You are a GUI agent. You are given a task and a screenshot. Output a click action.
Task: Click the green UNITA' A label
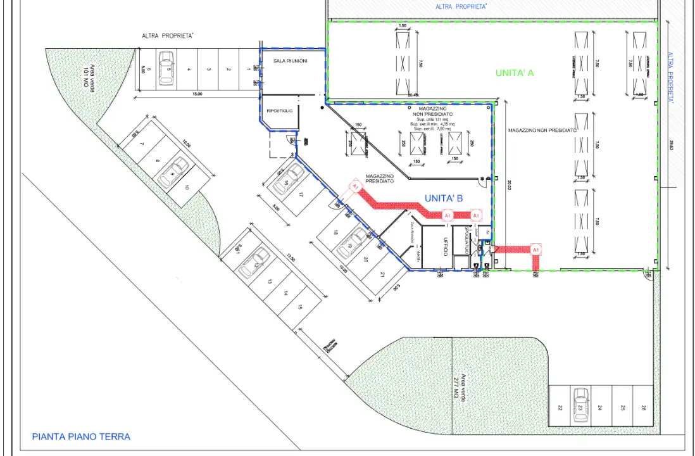point(514,73)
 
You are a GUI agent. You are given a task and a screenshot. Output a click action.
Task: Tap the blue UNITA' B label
point(444,198)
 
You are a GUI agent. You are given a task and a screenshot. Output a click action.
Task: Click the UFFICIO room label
point(446,246)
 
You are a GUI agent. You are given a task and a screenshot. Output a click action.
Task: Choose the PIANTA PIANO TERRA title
point(81,436)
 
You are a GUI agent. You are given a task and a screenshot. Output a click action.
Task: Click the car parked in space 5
point(166,68)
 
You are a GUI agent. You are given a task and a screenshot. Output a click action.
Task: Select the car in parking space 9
point(173,172)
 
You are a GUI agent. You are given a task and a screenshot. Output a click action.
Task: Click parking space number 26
point(644,407)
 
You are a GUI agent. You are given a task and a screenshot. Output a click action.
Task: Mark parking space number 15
point(299,307)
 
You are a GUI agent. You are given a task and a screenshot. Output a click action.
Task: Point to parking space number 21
point(383,274)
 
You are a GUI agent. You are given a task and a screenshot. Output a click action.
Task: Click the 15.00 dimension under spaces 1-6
point(197,94)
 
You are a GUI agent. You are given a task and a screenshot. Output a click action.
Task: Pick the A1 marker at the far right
point(536,250)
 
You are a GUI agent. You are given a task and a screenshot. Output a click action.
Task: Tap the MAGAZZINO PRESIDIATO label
point(380,179)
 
